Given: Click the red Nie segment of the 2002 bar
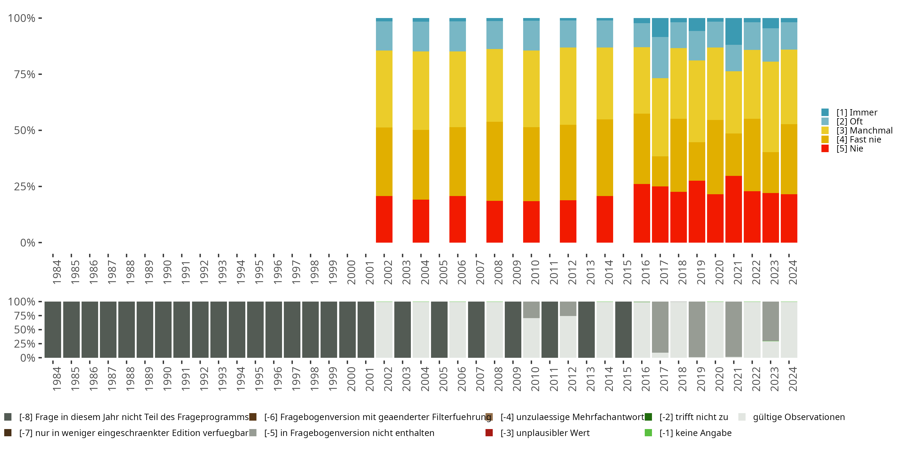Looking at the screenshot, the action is (x=384, y=219).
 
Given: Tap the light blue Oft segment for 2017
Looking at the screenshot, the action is (x=660, y=57).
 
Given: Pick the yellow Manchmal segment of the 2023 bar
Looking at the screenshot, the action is (x=771, y=107).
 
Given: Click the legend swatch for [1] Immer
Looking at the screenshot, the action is (x=825, y=112).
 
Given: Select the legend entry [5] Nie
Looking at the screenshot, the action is (x=842, y=149).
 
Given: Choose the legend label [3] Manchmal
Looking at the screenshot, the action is (x=864, y=130).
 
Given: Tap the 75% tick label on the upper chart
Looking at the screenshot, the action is (x=25, y=74).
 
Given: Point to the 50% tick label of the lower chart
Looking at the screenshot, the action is (x=25, y=330).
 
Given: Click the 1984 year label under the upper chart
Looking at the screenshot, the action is (x=57, y=272).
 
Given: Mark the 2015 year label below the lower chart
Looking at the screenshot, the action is (x=627, y=379).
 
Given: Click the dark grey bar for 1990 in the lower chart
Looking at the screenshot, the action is (x=163, y=330).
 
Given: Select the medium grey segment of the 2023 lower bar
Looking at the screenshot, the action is (x=771, y=321).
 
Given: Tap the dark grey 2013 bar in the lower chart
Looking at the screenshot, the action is (x=586, y=330).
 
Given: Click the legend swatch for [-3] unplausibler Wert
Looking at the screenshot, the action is (x=489, y=433).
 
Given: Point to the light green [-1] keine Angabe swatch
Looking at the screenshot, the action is (x=648, y=433).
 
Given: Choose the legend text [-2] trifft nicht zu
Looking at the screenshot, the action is (x=694, y=417).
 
